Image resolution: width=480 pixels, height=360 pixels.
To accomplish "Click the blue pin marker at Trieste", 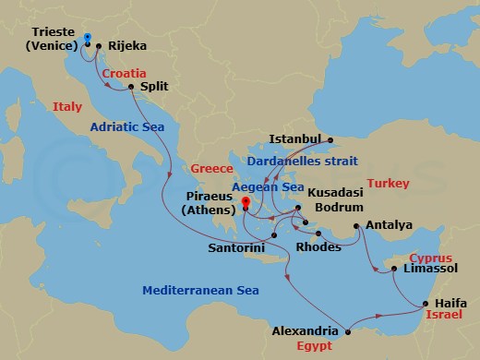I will (x=87, y=40).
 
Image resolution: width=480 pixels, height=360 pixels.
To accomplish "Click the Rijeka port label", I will (x=127, y=43).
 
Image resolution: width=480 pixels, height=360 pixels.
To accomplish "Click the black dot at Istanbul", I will (x=330, y=140).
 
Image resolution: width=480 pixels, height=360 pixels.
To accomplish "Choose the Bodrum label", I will (x=338, y=207).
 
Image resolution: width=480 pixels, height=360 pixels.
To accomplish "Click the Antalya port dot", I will (x=357, y=224).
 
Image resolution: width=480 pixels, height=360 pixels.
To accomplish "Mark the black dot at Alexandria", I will (x=346, y=330).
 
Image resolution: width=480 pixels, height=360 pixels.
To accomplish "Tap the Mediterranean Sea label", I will (x=200, y=291).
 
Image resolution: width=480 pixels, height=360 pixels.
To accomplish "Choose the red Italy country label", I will (x=67, y=107).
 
